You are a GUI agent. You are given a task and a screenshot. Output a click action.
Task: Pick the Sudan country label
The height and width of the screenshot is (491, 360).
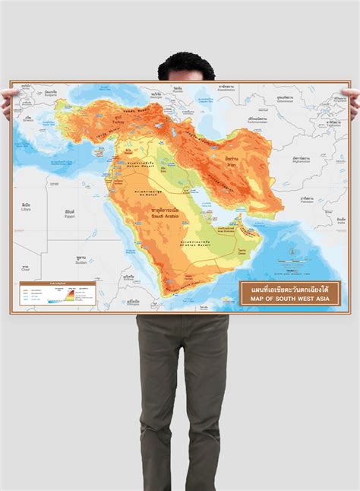tap(81, 261)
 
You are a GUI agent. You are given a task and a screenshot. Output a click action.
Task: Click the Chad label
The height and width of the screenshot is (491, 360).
tap(24, 269)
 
